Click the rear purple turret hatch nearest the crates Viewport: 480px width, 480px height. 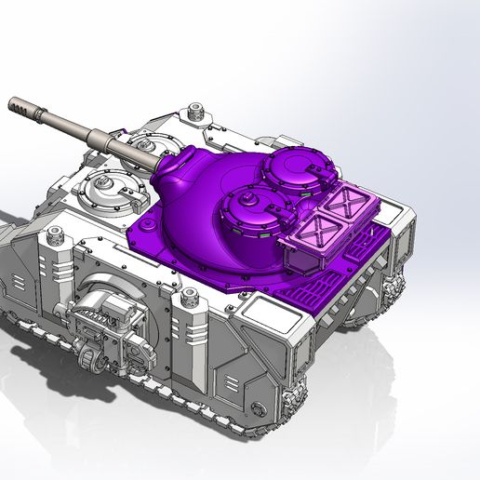click(290, 172)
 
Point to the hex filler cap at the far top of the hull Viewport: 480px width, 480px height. click(198, 112)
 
